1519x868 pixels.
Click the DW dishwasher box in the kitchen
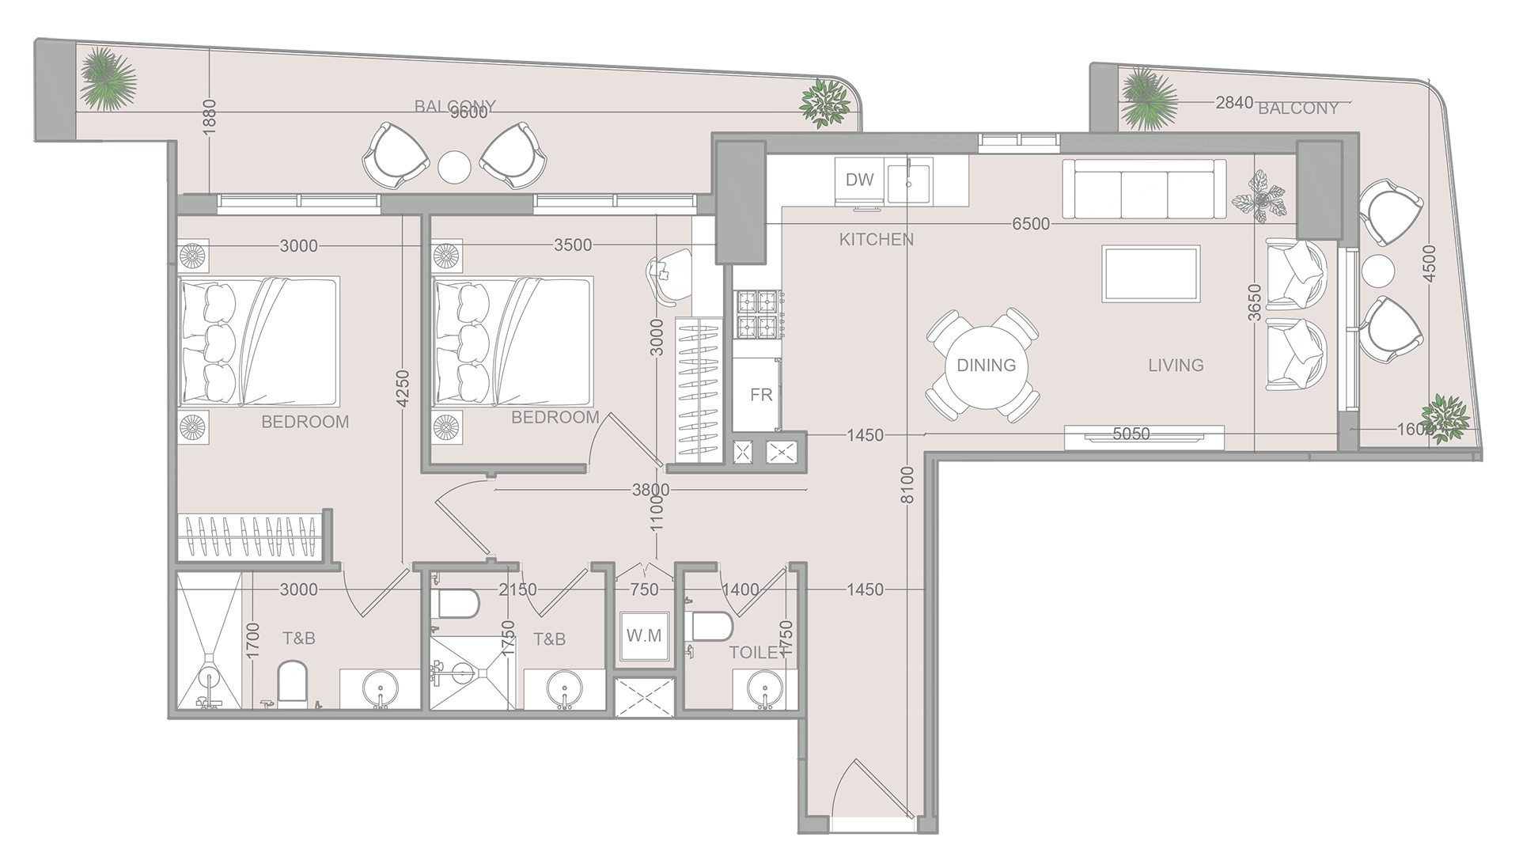(x=859, y=180)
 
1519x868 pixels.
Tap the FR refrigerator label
(x=761, y=394)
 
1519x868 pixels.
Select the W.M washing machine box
(x=644, y=636)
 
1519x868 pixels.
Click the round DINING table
(x=986, y=366)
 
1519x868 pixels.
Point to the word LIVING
(x=1176, y=366)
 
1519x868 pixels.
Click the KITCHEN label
(x=876, y=239)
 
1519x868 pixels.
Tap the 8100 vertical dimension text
(x=907, y=485)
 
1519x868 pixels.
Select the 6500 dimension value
(x=1030, y=224)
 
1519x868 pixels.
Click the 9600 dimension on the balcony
(x=468, y=113)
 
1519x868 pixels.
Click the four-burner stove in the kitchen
(x=759, y=315)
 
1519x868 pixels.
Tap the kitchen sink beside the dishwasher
(x=910, y=181)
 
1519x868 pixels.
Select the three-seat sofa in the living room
(x=1144, y=189)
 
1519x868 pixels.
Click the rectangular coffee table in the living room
(x=1151, y=274)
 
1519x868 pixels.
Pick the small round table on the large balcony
(x=455, y=166)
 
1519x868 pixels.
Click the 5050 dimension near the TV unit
(x=1131, y=434)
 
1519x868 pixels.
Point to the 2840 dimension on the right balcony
(x=1234, y=102)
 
